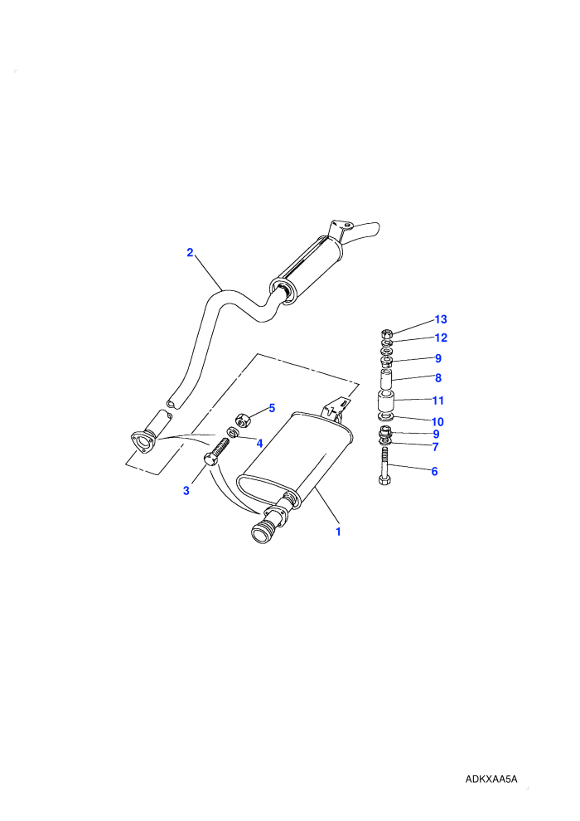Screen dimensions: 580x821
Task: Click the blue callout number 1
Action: pos(338,532)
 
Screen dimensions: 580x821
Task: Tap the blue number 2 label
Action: pos(190,252)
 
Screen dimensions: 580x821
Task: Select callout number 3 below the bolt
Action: pos(186,491)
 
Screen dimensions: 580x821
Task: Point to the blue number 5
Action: pos(272,408)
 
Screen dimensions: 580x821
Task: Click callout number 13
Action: pos(441,319)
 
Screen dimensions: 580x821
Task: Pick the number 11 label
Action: pos(438,401)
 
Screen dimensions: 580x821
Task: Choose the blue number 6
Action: pos(435,471)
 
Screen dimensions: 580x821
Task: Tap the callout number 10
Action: pos(437,421)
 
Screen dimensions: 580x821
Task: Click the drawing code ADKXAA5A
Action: pos(491,779)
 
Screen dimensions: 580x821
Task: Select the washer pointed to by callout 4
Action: pos(232,432)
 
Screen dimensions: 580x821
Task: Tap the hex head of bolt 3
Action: pos(210,459)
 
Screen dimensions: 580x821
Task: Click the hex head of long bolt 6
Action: pos(384,479)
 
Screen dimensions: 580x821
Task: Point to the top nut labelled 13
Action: pos(386,333)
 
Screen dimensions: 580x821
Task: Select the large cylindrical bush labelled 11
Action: pos(386,401)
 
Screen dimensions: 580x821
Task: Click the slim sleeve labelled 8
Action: pos(386,379)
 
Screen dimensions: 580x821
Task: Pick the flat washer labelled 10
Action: pos(386,417)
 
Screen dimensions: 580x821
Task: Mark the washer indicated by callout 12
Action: pos(386,343)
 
